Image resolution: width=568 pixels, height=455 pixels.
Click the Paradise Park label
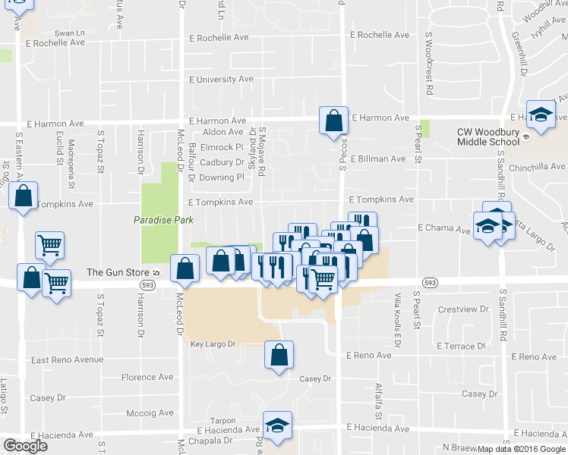point(163,220)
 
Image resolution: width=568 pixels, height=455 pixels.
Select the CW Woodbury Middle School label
point(498,136)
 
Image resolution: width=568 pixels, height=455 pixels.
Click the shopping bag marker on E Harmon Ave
point(333,121)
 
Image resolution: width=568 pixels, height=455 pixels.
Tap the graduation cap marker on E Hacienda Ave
point(277,426)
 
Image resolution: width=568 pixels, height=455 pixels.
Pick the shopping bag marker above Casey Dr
point(279,355)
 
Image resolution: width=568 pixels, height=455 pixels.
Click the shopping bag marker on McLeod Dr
point(185,268)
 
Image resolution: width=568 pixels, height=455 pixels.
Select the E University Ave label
point(221,79)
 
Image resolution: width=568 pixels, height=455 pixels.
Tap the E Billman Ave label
point(377,159)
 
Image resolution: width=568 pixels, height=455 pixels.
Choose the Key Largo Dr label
point(213,344)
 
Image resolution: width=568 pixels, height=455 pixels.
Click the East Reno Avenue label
point(67,359)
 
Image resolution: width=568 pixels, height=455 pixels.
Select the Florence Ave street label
point(147,377)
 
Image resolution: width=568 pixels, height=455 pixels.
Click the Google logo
point(25,446)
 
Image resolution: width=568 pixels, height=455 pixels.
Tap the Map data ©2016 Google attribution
point(521,449)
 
